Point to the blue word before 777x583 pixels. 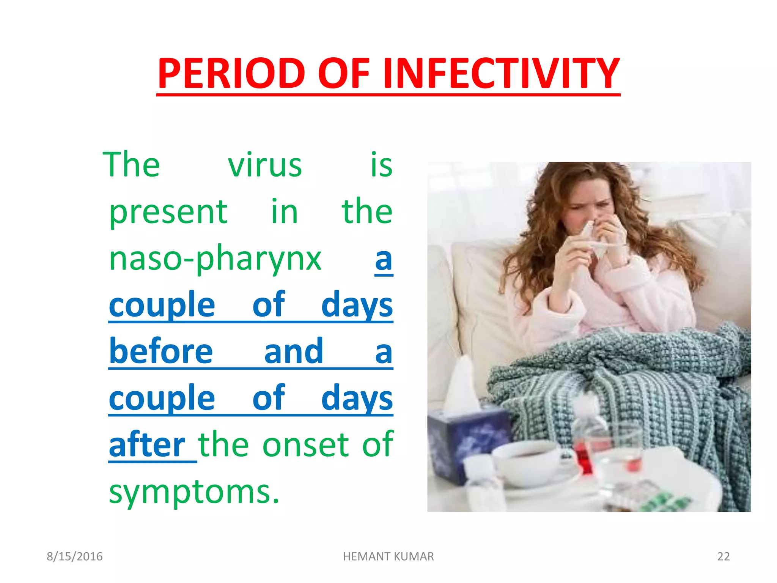[x=161, y=351]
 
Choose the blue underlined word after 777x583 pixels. [x=147, y=445]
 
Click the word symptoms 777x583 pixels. [x=194, y=492]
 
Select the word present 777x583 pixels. [x=168, y=213]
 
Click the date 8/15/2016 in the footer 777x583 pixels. [x=74, y=556]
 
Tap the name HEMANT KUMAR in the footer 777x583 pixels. [x=388, y=556]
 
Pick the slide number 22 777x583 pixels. [x=723, y=556]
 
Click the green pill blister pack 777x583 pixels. [x=668, y=503]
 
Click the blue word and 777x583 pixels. [x=293, y=351]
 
